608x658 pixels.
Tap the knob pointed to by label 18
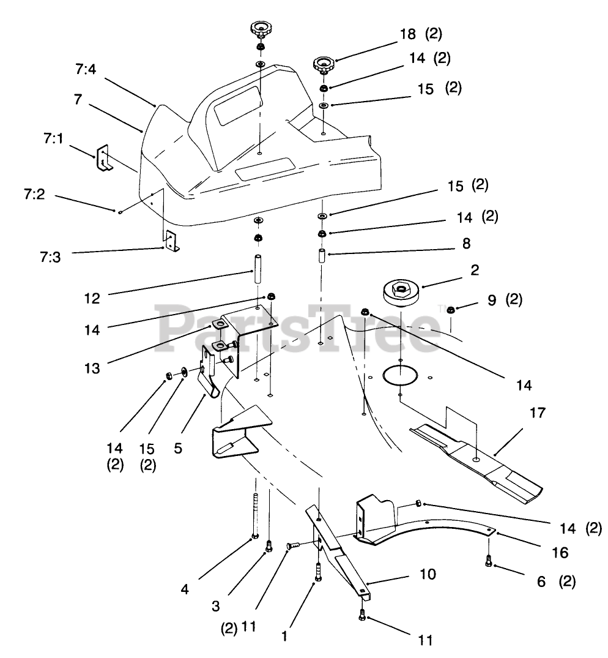[322, 63]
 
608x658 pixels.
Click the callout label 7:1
[53, 139]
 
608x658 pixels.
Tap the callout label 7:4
[86, 70]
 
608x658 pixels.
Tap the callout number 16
[560, 553]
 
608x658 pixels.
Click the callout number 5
[178, 447]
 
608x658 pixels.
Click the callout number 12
[92, 300]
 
